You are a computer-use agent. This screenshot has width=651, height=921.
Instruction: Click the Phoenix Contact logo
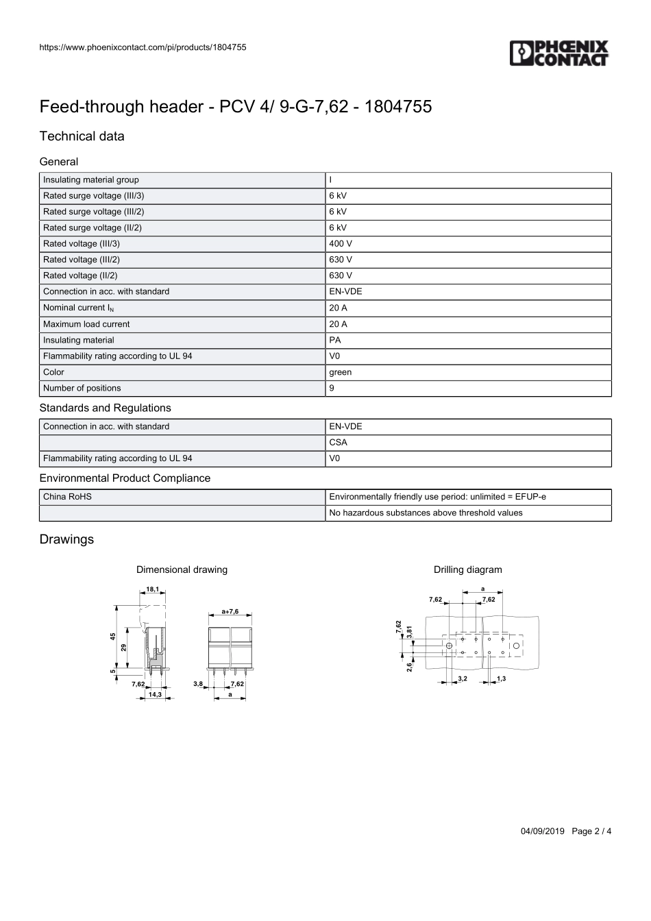(559, 53)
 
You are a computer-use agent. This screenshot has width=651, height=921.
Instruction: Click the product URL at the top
(143, 47)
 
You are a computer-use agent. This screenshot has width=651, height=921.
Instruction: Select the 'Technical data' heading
(82, 136)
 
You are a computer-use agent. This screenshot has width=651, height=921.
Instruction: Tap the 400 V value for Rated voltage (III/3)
(341, 244)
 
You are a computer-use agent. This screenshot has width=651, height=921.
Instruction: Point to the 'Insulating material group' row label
(91, 180)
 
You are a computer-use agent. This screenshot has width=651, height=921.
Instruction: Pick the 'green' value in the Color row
(340, 373)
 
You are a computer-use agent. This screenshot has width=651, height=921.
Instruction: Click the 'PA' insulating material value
(335, 341)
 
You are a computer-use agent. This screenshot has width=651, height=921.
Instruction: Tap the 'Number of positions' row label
(82, 389)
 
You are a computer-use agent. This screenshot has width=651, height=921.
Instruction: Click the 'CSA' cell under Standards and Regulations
(339, 443)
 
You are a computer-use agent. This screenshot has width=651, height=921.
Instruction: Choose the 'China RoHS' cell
(67, 497)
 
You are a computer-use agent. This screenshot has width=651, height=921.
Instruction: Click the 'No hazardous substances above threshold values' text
(426, 513)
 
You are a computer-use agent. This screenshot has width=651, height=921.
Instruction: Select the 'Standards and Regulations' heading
(105, 408)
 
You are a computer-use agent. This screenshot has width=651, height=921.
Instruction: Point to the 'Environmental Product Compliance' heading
(125, 478)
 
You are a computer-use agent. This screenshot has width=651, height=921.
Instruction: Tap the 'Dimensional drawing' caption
(182, 570)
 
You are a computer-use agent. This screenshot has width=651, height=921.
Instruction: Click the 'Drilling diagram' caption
(467, 570)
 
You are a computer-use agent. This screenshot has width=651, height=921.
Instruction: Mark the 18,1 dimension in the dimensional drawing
(152, 589)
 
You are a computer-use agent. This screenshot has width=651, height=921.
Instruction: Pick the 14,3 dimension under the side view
(155, 695)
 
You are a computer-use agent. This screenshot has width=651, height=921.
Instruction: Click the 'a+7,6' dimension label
(230, 611)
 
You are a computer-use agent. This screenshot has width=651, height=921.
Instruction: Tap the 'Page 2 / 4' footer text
(591, 831)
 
